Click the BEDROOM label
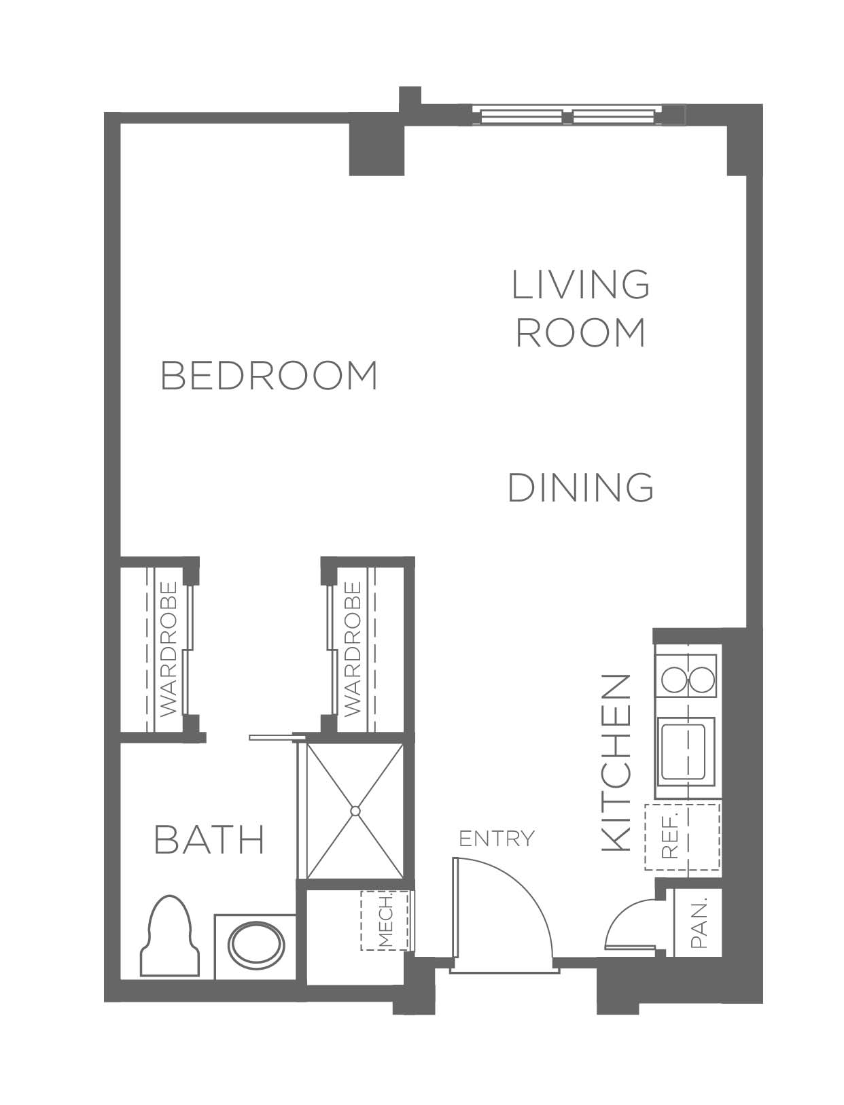click(268, 376)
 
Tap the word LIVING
click(581, 285)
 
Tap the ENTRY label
click(497, 838)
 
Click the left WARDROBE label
click(169, 650)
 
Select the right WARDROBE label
click(353, 650)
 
